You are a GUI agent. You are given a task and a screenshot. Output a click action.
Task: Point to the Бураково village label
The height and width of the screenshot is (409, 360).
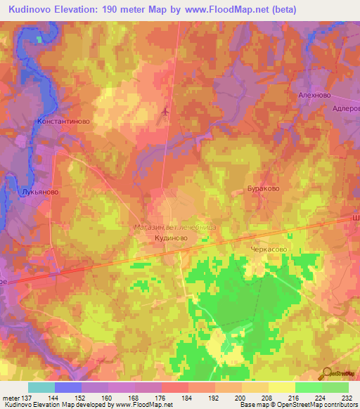263,189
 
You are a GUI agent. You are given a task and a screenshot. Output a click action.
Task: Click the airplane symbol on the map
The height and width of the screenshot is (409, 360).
166,111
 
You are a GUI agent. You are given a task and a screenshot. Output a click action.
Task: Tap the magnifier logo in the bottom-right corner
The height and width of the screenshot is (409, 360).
328,373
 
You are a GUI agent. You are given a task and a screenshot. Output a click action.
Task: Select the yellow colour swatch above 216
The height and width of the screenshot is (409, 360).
281,387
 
